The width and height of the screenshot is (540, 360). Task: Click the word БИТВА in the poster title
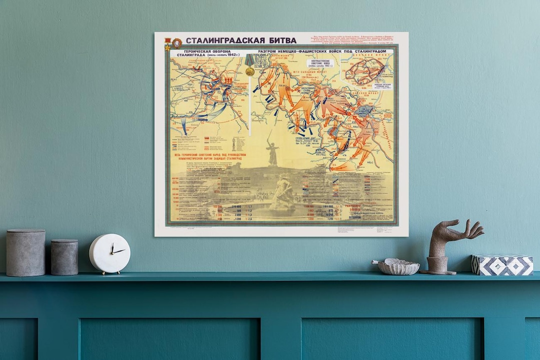(x=279, y=40)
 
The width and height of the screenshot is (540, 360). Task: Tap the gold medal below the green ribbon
(x=250, y=71)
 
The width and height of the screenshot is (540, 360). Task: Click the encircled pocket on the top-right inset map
(x=365, y=71)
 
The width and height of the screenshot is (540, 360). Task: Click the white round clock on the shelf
(x=109, y=253)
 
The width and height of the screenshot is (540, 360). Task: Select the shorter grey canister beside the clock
(x=64, y=257)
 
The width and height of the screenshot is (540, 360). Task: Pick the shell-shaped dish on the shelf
(x=398, y=266)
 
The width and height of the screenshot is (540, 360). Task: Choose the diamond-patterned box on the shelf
(x=502, y=265)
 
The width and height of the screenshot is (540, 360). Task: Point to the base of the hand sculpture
(x=438, y=265)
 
